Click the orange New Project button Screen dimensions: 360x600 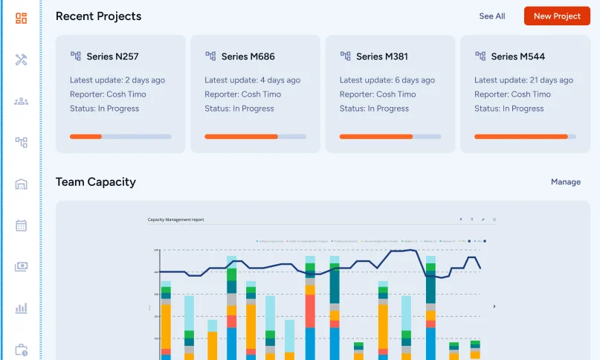(556, 16)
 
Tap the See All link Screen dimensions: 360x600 (491, 16)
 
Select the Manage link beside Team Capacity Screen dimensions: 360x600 (565, 182)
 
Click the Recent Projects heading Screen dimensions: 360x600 (98, 16)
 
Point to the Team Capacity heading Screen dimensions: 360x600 (95, 182)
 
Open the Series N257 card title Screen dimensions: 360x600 (112, 57)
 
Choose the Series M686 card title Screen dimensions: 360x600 (247, 57)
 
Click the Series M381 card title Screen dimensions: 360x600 (381, 57)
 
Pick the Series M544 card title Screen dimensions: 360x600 (516, 57)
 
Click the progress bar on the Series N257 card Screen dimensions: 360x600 (120, 137)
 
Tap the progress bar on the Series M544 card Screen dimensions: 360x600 (525, 137)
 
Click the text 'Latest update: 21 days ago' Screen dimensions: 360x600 (523, 80)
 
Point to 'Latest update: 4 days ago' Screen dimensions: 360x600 (252, 80)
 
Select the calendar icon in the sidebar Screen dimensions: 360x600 (21, 225)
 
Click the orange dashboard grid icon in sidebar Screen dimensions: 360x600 (21, 19)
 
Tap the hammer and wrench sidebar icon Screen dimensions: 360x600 (21, 60)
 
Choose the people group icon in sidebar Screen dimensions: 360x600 (21, 101)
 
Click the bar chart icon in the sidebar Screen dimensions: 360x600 (21, 308)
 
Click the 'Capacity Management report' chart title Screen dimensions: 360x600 (175, 219)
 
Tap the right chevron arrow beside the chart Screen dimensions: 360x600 (494, 306)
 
